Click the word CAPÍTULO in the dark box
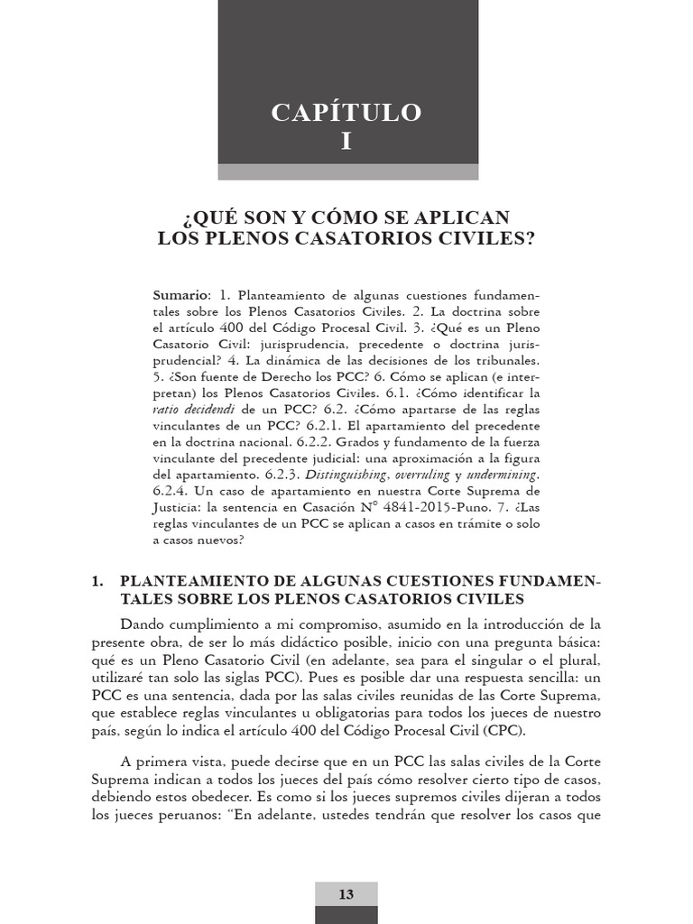coord(346,113)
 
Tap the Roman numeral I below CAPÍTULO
coord(346,141)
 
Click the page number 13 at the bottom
coord(346,894)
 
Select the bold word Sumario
coord(180,296)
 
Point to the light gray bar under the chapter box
coord(346,171)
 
